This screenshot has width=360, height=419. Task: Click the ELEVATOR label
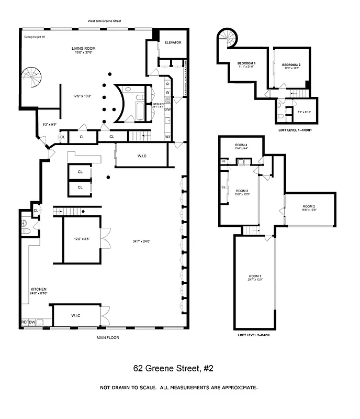pyautogui.click(x=173, y=42)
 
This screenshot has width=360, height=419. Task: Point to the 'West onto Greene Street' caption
pyautogui.click(x=105, y=21)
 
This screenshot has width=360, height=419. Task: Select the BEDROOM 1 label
pyautogui.click(x=246, y=63)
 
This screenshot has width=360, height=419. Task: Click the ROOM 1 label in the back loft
pyautogui.click(x=254, y=276)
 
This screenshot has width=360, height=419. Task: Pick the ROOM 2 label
pyautogui.click(x=309, y=207)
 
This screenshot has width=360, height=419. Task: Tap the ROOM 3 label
pyautogui.click(x=242, y=191)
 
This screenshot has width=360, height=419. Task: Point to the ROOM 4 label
pyautogui.click(x=241, y=145)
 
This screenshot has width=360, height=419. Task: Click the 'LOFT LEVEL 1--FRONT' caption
pyautogui.click(x=295, y=129)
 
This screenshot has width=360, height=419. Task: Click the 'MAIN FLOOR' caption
pyautogui.click(x=108, y=338)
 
